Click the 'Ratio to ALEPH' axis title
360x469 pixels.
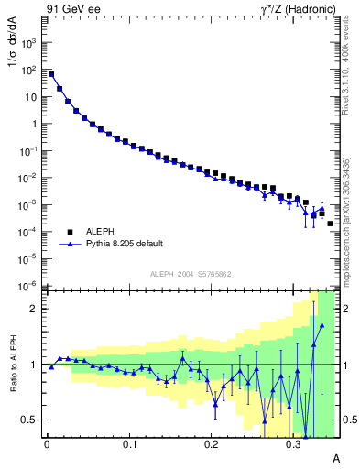click(x=15, y=364)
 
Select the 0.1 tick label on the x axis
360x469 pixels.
click(x=129, y=444)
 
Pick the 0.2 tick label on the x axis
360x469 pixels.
click(x=212, y=444)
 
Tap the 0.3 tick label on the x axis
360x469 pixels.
click(x=293, y=444)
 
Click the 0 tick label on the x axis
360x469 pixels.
click(x=47, y=444)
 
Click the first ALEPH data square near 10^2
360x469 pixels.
click(x=51, y=74)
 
